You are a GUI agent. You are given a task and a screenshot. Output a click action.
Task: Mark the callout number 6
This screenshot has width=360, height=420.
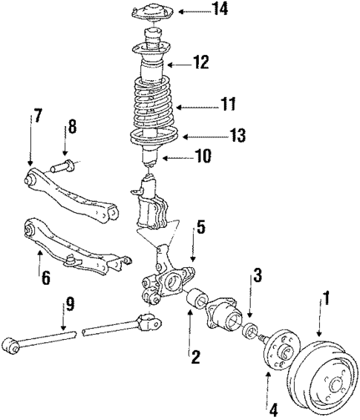tap(46, 278)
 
